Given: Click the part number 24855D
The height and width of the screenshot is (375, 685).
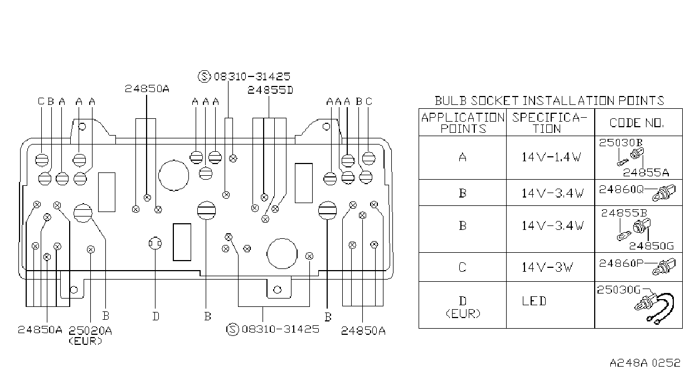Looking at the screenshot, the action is pyautogui.click(x=270, y=90).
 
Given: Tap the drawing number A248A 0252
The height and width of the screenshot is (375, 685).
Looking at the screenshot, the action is pyautogui.click(x=645, y=363).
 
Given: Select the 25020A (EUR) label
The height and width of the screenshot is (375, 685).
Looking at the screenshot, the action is pyautogui.click(x=90, y=335).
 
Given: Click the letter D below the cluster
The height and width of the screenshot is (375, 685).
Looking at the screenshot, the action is pyautogui.click(x=156, y=316).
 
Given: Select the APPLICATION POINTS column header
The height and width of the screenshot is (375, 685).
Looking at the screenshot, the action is pyautogui.click(x=463, y=123).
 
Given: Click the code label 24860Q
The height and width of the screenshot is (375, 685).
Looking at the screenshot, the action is pyautogui.click(x=621, y=190).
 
